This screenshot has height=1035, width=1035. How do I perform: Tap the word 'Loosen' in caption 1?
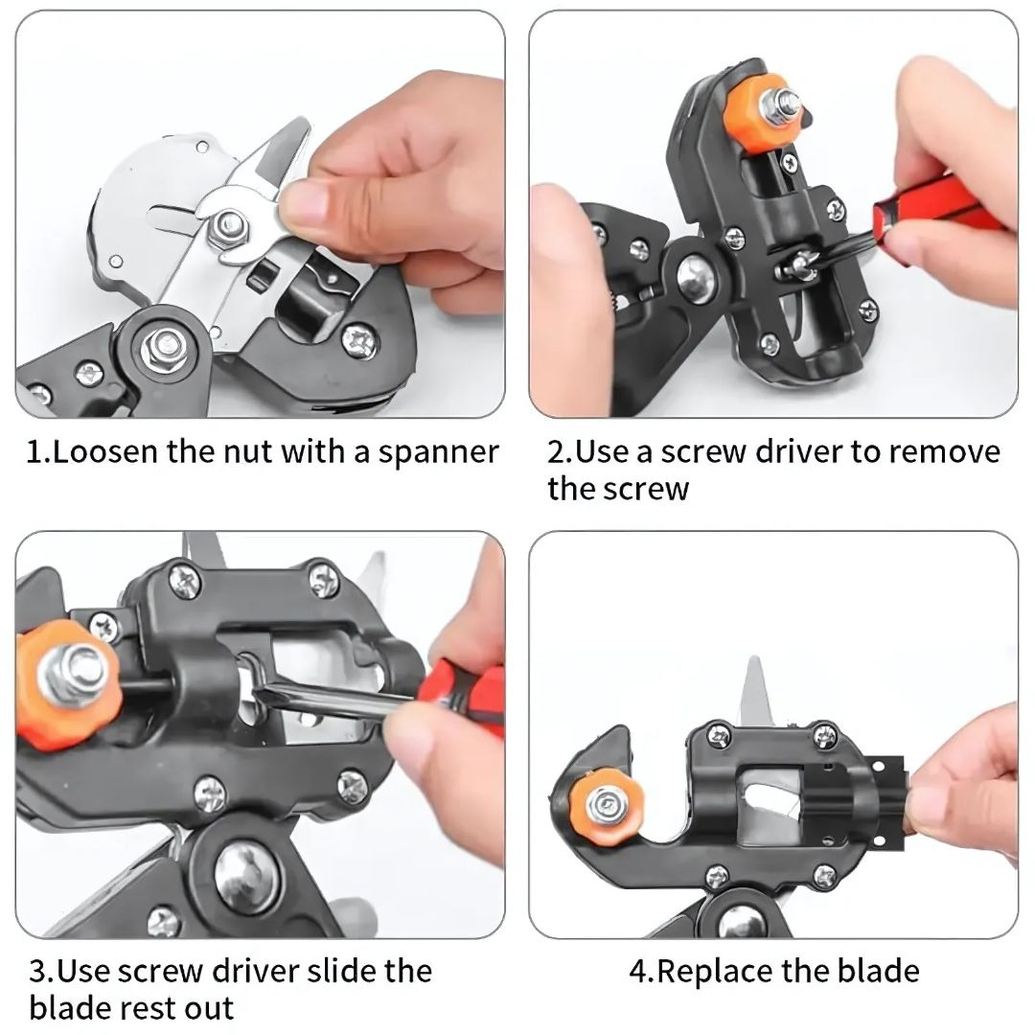tap(106, 451)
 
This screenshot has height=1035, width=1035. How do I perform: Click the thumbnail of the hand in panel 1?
tap(304, 206)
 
